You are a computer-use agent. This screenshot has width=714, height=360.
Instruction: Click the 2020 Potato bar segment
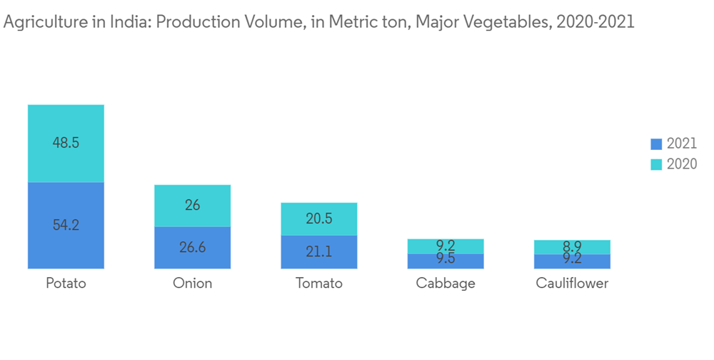(x=66, y=143)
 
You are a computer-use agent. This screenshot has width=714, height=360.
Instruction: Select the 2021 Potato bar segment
(x=66, y=225)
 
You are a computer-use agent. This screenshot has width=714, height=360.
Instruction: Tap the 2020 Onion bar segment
(x=193, y=206)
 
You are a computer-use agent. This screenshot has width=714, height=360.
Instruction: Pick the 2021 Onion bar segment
(x=193, y=247)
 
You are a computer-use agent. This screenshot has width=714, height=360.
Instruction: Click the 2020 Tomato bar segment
(x=319, y=219)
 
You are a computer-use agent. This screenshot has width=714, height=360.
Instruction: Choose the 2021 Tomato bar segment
(x=319, y=251)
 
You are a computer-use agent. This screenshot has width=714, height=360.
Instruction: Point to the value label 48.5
(x=66, y=143)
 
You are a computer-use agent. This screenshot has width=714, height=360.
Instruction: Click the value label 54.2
(x=66, y=225)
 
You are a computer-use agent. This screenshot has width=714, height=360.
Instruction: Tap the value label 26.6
(x=193, y=248)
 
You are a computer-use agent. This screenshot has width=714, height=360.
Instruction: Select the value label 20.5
(x=319, y=219)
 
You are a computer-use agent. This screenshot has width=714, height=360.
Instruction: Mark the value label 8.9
(x=572, y=246)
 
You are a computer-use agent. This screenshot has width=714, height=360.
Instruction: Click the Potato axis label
(x=66, y=284)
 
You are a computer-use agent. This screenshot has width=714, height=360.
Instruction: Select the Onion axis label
(x=193, y=284)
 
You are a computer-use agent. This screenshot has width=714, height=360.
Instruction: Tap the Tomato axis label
(x=319, y=284)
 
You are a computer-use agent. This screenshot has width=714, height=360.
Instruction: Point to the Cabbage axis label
(x=446, y=284)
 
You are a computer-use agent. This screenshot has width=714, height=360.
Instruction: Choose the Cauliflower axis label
(x=572, y=284)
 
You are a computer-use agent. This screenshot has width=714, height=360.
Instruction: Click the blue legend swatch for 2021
(x=656, y=144)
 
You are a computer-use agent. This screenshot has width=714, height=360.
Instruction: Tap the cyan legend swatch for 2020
(x=656, y=164)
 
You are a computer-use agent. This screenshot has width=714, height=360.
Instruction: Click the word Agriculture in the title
(x=41, y=22)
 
